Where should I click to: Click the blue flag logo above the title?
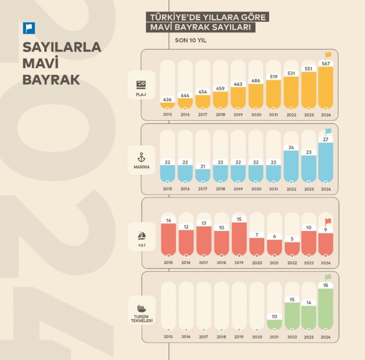point(29,28)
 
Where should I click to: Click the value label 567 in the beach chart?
point(326,63)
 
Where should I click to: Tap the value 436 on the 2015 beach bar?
point(167,99)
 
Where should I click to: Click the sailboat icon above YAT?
point(141,235)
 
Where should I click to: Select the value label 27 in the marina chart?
point(326,140)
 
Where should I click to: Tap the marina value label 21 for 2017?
point(203,166)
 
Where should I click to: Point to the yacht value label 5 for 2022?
point(292,238)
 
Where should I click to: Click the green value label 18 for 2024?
point(326,286)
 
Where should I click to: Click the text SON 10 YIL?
point(191,40)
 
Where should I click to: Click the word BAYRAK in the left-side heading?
point(51,80)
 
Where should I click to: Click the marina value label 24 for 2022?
point(292,147)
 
